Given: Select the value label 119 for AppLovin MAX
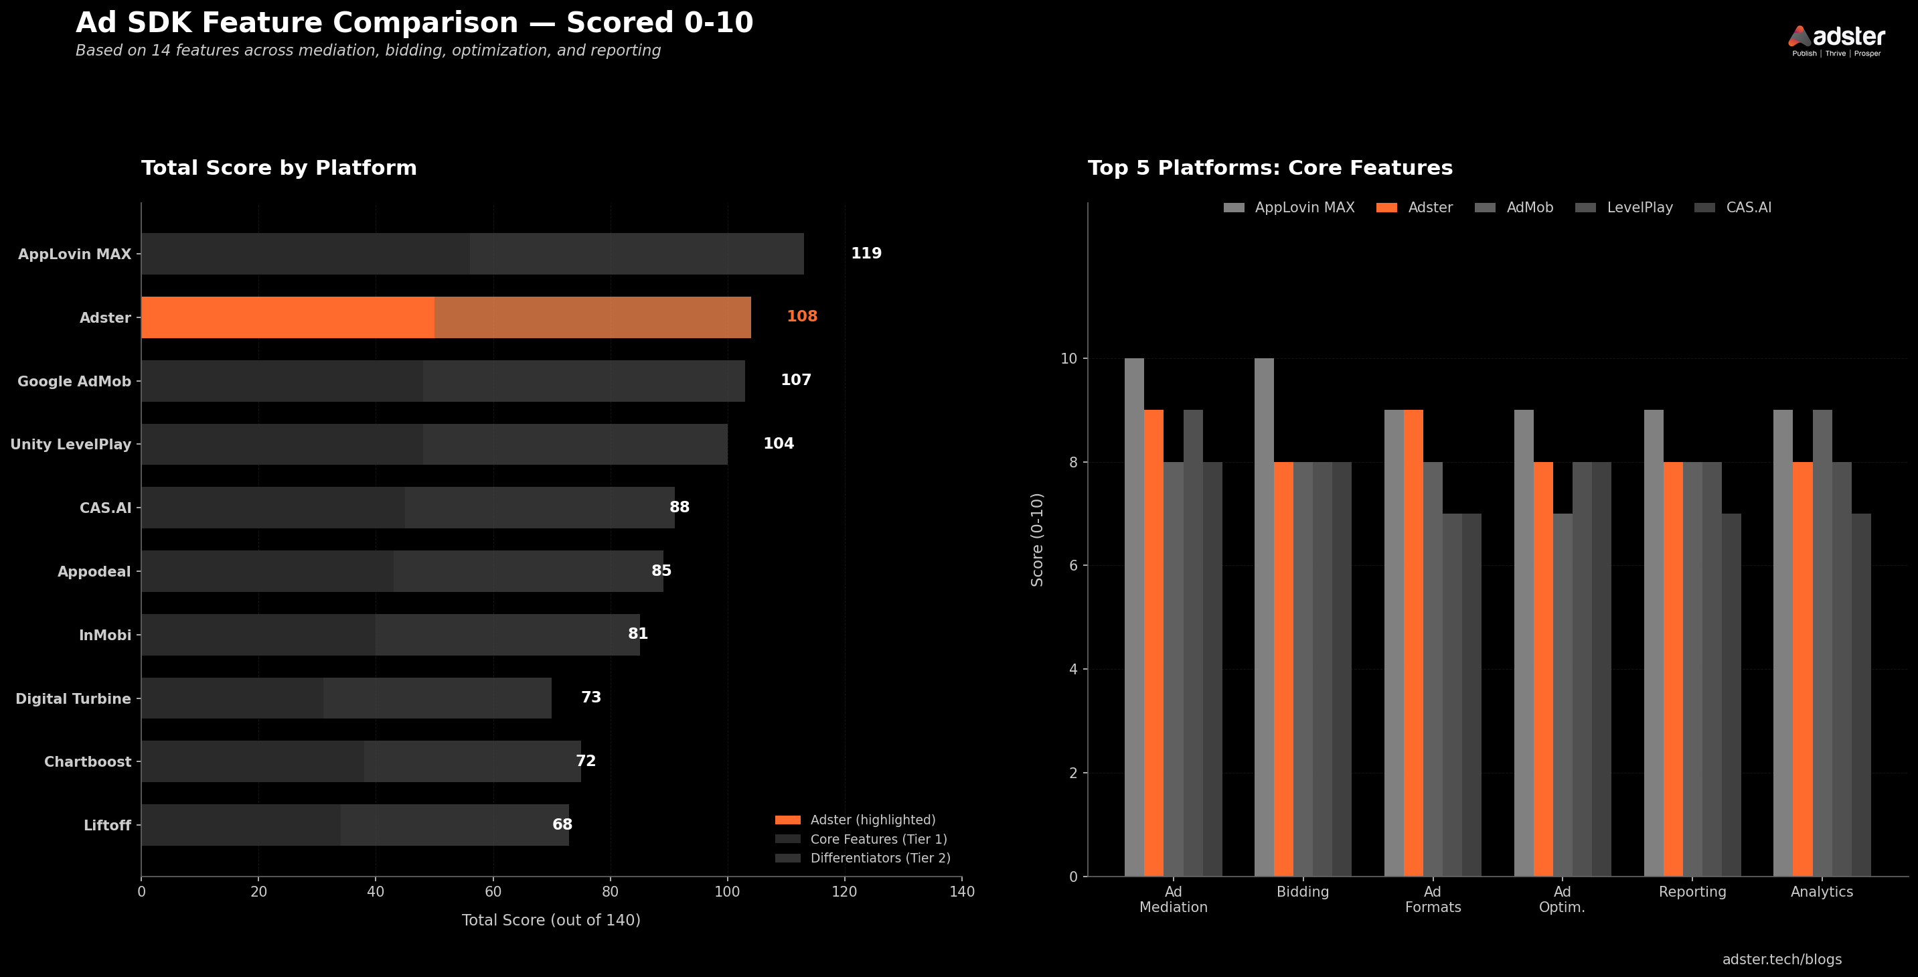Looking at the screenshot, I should pyautogui.click(x=866, y=253).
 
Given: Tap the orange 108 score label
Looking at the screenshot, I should pyautogui.click(x=802, y=317).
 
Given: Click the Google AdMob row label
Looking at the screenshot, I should pyautogui.click(x=74, y=381).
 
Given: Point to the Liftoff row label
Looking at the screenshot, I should pyautogui.click(x=107, y=825).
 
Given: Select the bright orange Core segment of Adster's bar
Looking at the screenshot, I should pyautogui.click(x=287, y=317).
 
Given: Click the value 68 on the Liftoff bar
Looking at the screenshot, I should pyautogui.click(x=562, y=824).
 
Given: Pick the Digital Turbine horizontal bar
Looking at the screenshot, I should pyautogui.click(x=346, y=698).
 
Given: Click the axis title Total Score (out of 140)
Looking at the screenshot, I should pyautogui.click(x=551, y=920).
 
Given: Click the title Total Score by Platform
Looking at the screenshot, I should pyautogui.click(x=279, y=168).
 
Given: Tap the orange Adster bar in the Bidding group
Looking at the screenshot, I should pyautogui.click(x=1283, y=669).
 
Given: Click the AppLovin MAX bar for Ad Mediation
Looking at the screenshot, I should pyautogui.click(x=1134, y=617).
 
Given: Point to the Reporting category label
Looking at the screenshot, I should pyautogui.click(x=1692, y=891).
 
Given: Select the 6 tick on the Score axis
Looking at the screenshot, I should pyautogui.click(x=1073, y=565).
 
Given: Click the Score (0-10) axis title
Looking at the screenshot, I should pyautogui.click(x=1036, y=540).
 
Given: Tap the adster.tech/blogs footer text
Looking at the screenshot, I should pyautogui.click(x=1781, y=959).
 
